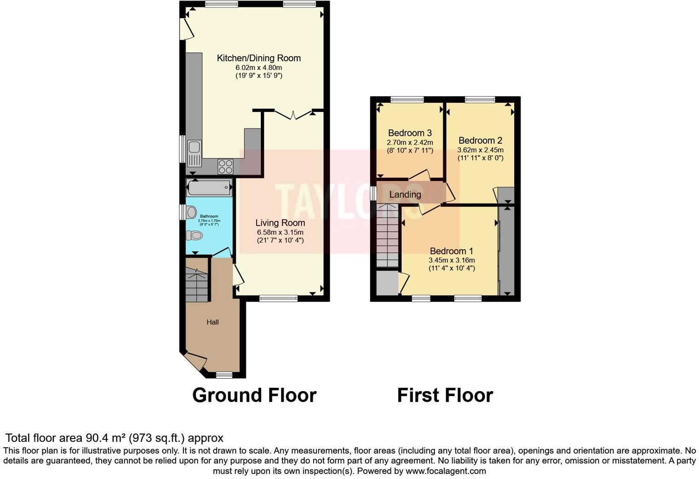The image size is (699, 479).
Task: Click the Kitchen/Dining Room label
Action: pos(258,58)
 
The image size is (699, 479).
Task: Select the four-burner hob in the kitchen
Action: pos(225,166)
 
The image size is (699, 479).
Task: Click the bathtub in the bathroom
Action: pos(209,188)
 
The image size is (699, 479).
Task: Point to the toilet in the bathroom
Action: pos(195,236)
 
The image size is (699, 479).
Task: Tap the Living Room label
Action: pos(280,223)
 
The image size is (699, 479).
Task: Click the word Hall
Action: pos(212,322)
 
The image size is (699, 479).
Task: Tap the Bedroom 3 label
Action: pos(410,133)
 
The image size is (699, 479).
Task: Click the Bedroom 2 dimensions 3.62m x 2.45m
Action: pos(480,150)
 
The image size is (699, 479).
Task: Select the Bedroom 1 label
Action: pos(451,251)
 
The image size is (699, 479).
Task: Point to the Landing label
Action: pos(405,195)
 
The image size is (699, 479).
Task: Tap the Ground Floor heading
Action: pos(254,395)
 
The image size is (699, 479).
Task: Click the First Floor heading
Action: pos(445,395)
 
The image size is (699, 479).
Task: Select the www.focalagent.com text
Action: pos(445,471)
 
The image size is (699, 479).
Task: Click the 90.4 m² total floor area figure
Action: pos(106,438)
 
